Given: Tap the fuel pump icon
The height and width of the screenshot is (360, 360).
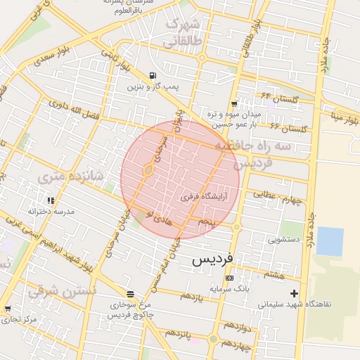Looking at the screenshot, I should click(153, 76).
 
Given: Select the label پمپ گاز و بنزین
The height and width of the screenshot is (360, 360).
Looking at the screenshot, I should click(153, 86).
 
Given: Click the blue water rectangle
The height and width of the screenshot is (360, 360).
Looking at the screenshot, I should click(330, 241).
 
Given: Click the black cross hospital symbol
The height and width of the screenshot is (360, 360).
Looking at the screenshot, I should click(294, 293).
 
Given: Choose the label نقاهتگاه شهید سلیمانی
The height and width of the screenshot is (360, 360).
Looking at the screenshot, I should click(294, 304).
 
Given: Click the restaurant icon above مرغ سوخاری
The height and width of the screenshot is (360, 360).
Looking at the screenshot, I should click(129, 295).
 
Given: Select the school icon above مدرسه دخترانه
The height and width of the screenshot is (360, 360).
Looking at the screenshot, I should click(51, 200).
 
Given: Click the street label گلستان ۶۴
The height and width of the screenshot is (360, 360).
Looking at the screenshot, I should click(280, 97).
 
